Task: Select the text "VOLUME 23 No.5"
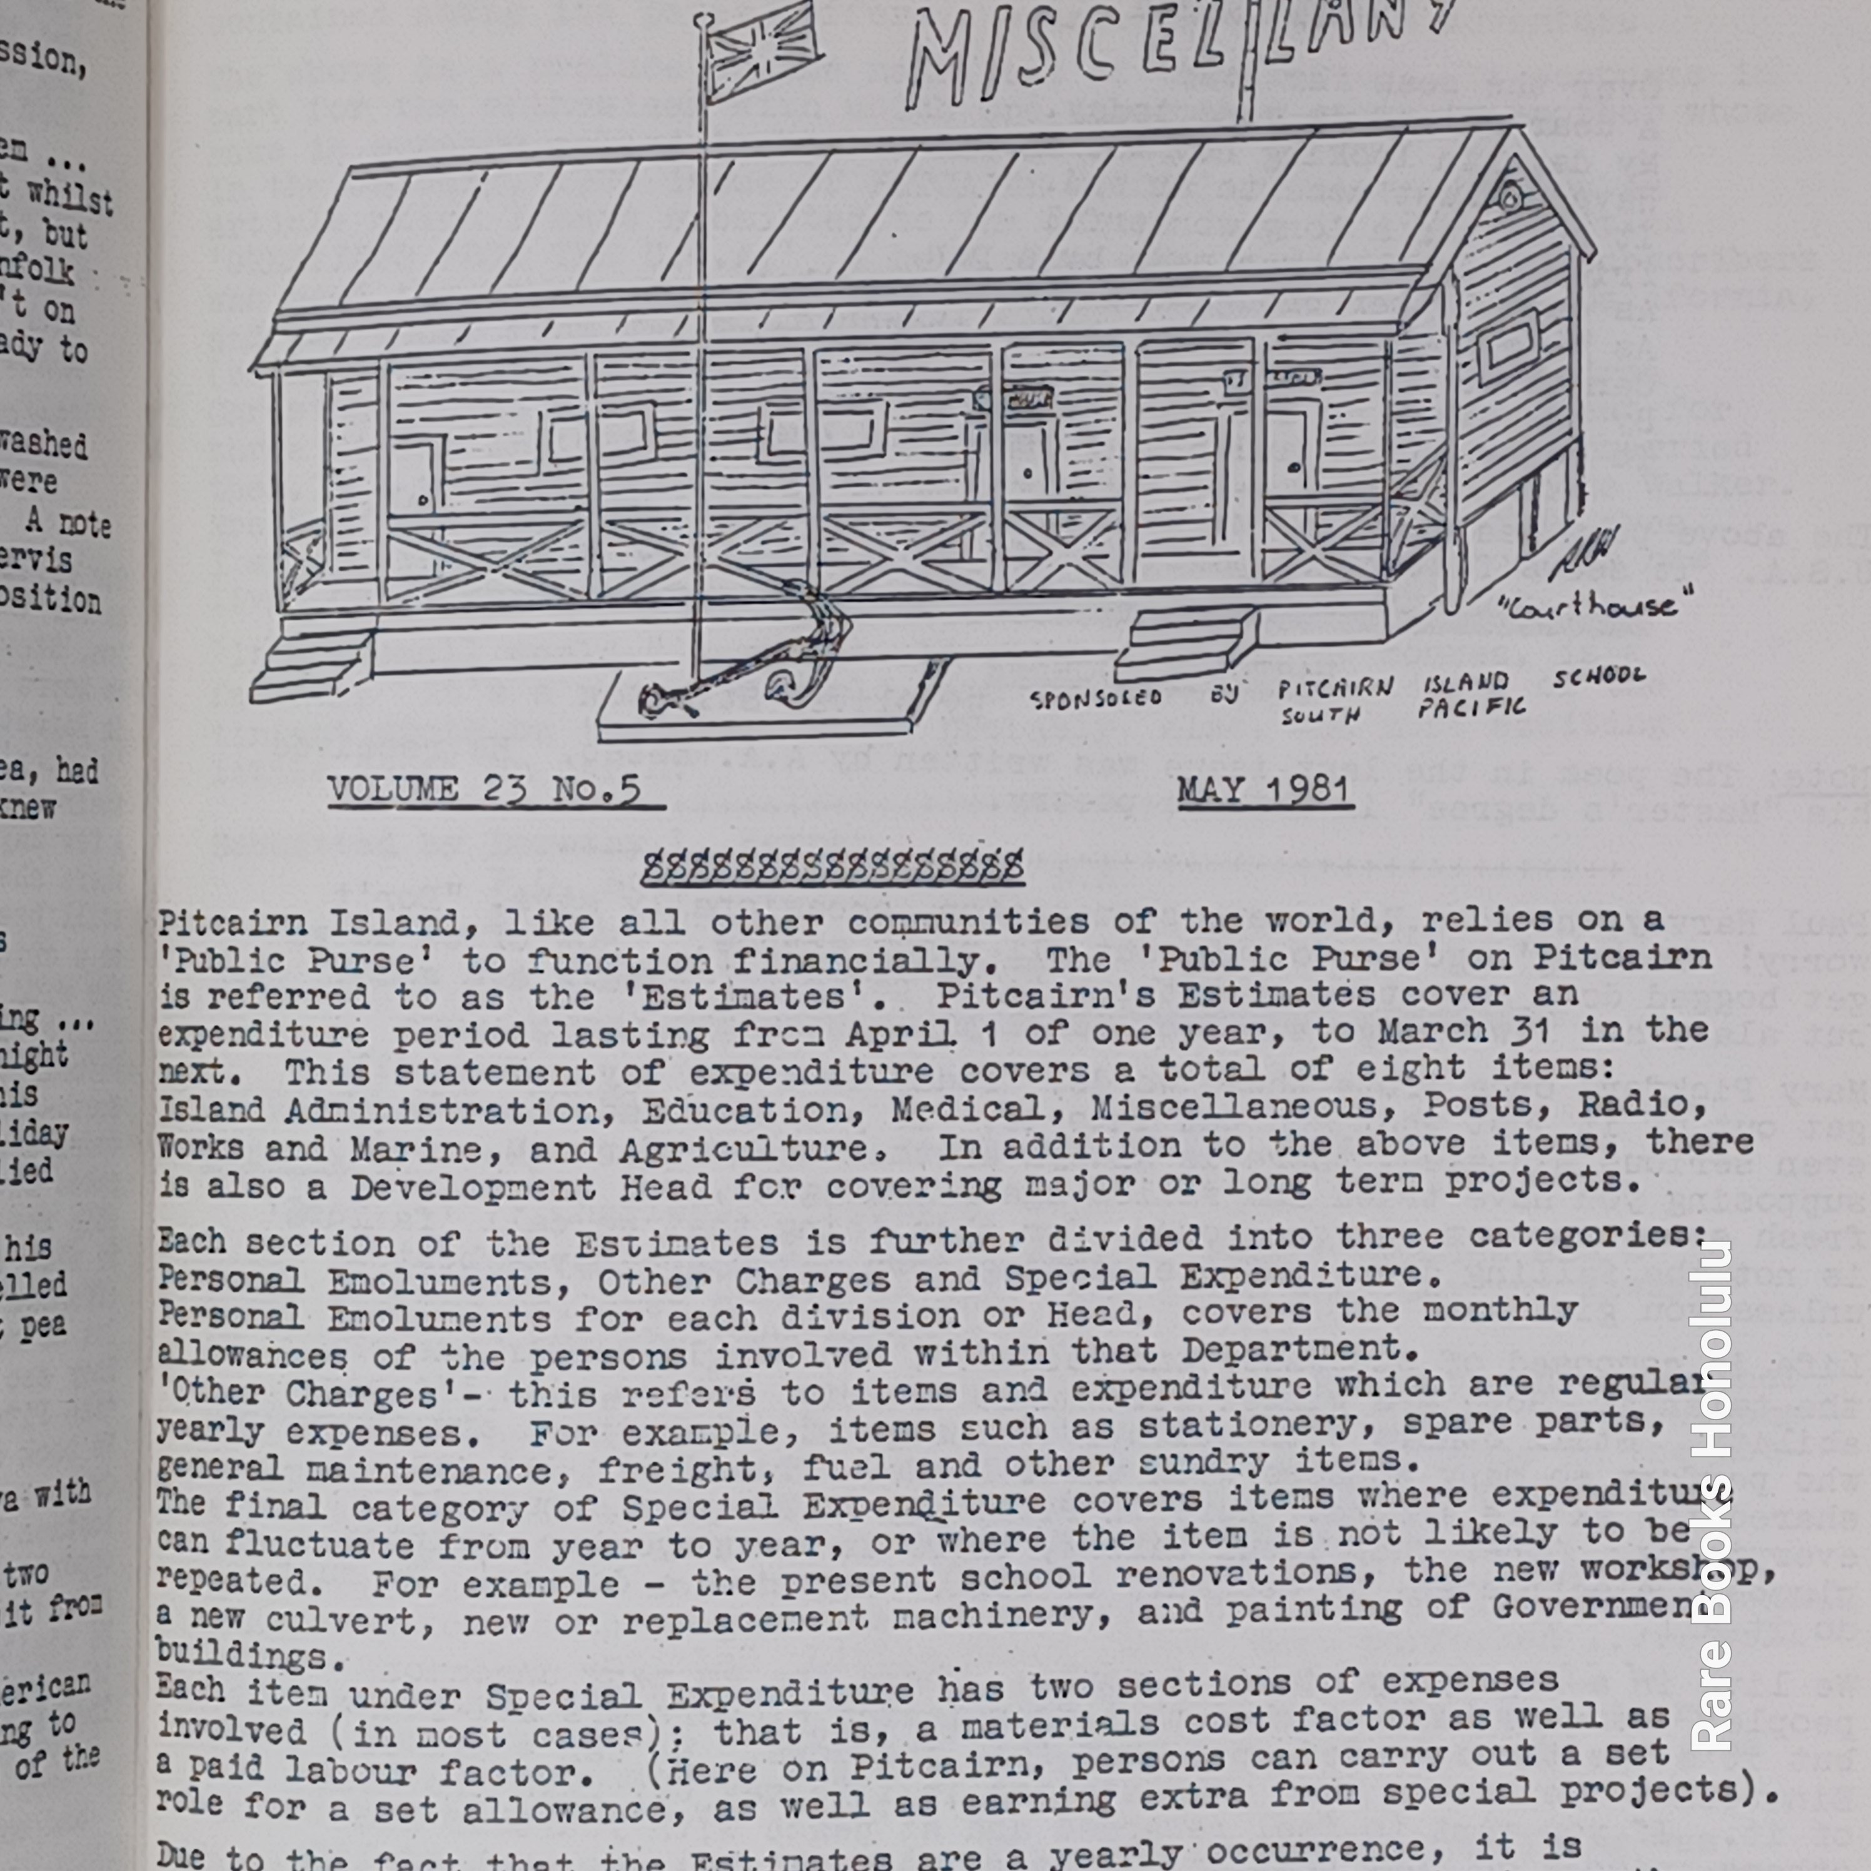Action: [484, 789]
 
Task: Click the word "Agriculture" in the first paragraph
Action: [745, 1149]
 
